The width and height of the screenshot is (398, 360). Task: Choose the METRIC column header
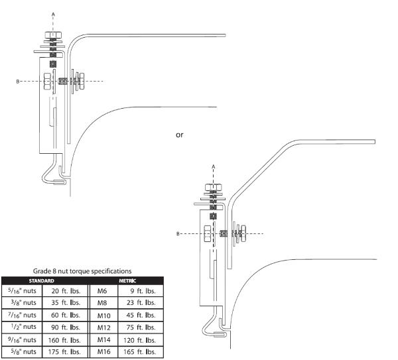(125, 279)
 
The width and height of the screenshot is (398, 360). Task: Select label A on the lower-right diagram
(212, 166)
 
